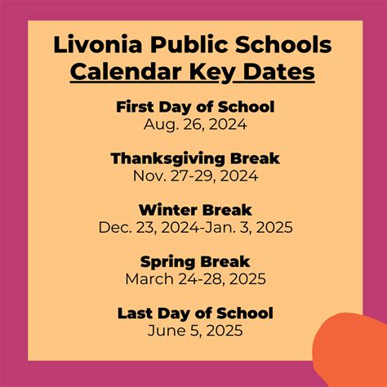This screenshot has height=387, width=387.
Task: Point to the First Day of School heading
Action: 194,107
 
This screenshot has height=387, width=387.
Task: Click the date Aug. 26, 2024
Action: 194,124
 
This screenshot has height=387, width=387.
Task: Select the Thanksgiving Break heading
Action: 194,158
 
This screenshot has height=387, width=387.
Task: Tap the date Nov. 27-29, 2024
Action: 194,176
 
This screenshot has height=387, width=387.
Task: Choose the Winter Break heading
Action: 194,210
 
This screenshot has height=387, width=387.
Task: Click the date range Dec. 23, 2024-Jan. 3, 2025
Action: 194,227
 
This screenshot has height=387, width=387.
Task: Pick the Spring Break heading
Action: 194,262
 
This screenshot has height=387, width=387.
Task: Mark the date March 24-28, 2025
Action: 194,279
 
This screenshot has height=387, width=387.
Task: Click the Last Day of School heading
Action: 194,314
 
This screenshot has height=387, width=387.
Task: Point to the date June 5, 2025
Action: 194,331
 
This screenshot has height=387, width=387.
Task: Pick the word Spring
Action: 166,262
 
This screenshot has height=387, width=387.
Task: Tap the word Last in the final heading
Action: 134,314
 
